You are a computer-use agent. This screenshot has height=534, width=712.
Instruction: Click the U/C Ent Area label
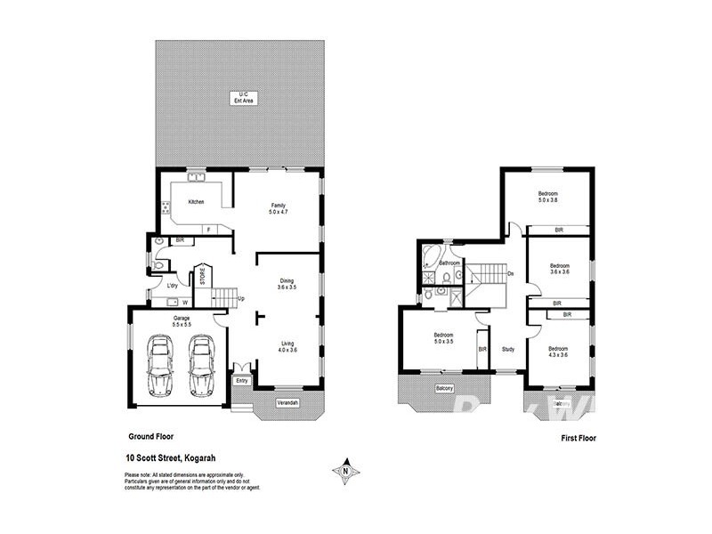(x=239, y=97)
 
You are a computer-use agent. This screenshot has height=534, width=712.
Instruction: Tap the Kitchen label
(x=196, y=202)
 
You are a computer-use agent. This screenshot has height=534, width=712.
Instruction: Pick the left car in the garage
(x=162, y=366)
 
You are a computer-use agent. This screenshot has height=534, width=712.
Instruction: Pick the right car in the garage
(x=202, y=366)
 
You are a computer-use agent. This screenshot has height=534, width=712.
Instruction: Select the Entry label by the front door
(x=241, y=380)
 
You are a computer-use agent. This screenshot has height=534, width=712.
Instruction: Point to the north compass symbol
(x=344, y=470)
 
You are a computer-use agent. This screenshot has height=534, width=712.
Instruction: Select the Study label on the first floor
(x=508, y=349)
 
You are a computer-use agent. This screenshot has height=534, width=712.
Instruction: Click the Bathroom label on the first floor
(x=449, y=263)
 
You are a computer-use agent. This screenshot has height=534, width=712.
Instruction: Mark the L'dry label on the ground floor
(x=173, y=286)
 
